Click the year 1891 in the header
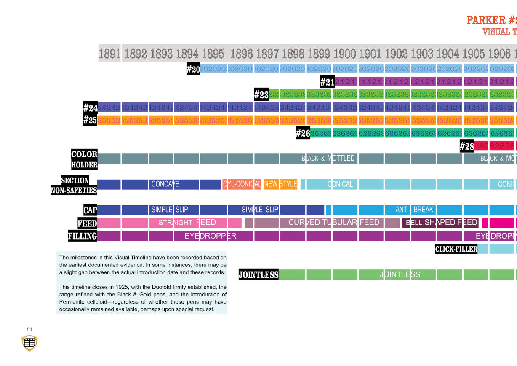[109, 54]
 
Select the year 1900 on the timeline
[345, 54]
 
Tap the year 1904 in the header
[448, 54]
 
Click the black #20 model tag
[193, 69]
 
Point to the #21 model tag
[327, 81]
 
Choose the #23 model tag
[261, 94]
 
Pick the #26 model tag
[303, 133]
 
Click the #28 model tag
[467, 146]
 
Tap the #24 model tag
[91, 108]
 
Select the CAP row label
[90, 210]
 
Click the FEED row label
[87, 223]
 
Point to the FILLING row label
[83, 236]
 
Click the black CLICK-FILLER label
[456, 249]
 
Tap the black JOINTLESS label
[258, 274]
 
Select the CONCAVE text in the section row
[165, 184]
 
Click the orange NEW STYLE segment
[280, 184]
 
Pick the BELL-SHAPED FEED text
[441, 223]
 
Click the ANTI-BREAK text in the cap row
[414, 210]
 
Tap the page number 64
[29, 329]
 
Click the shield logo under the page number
[29, 343]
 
